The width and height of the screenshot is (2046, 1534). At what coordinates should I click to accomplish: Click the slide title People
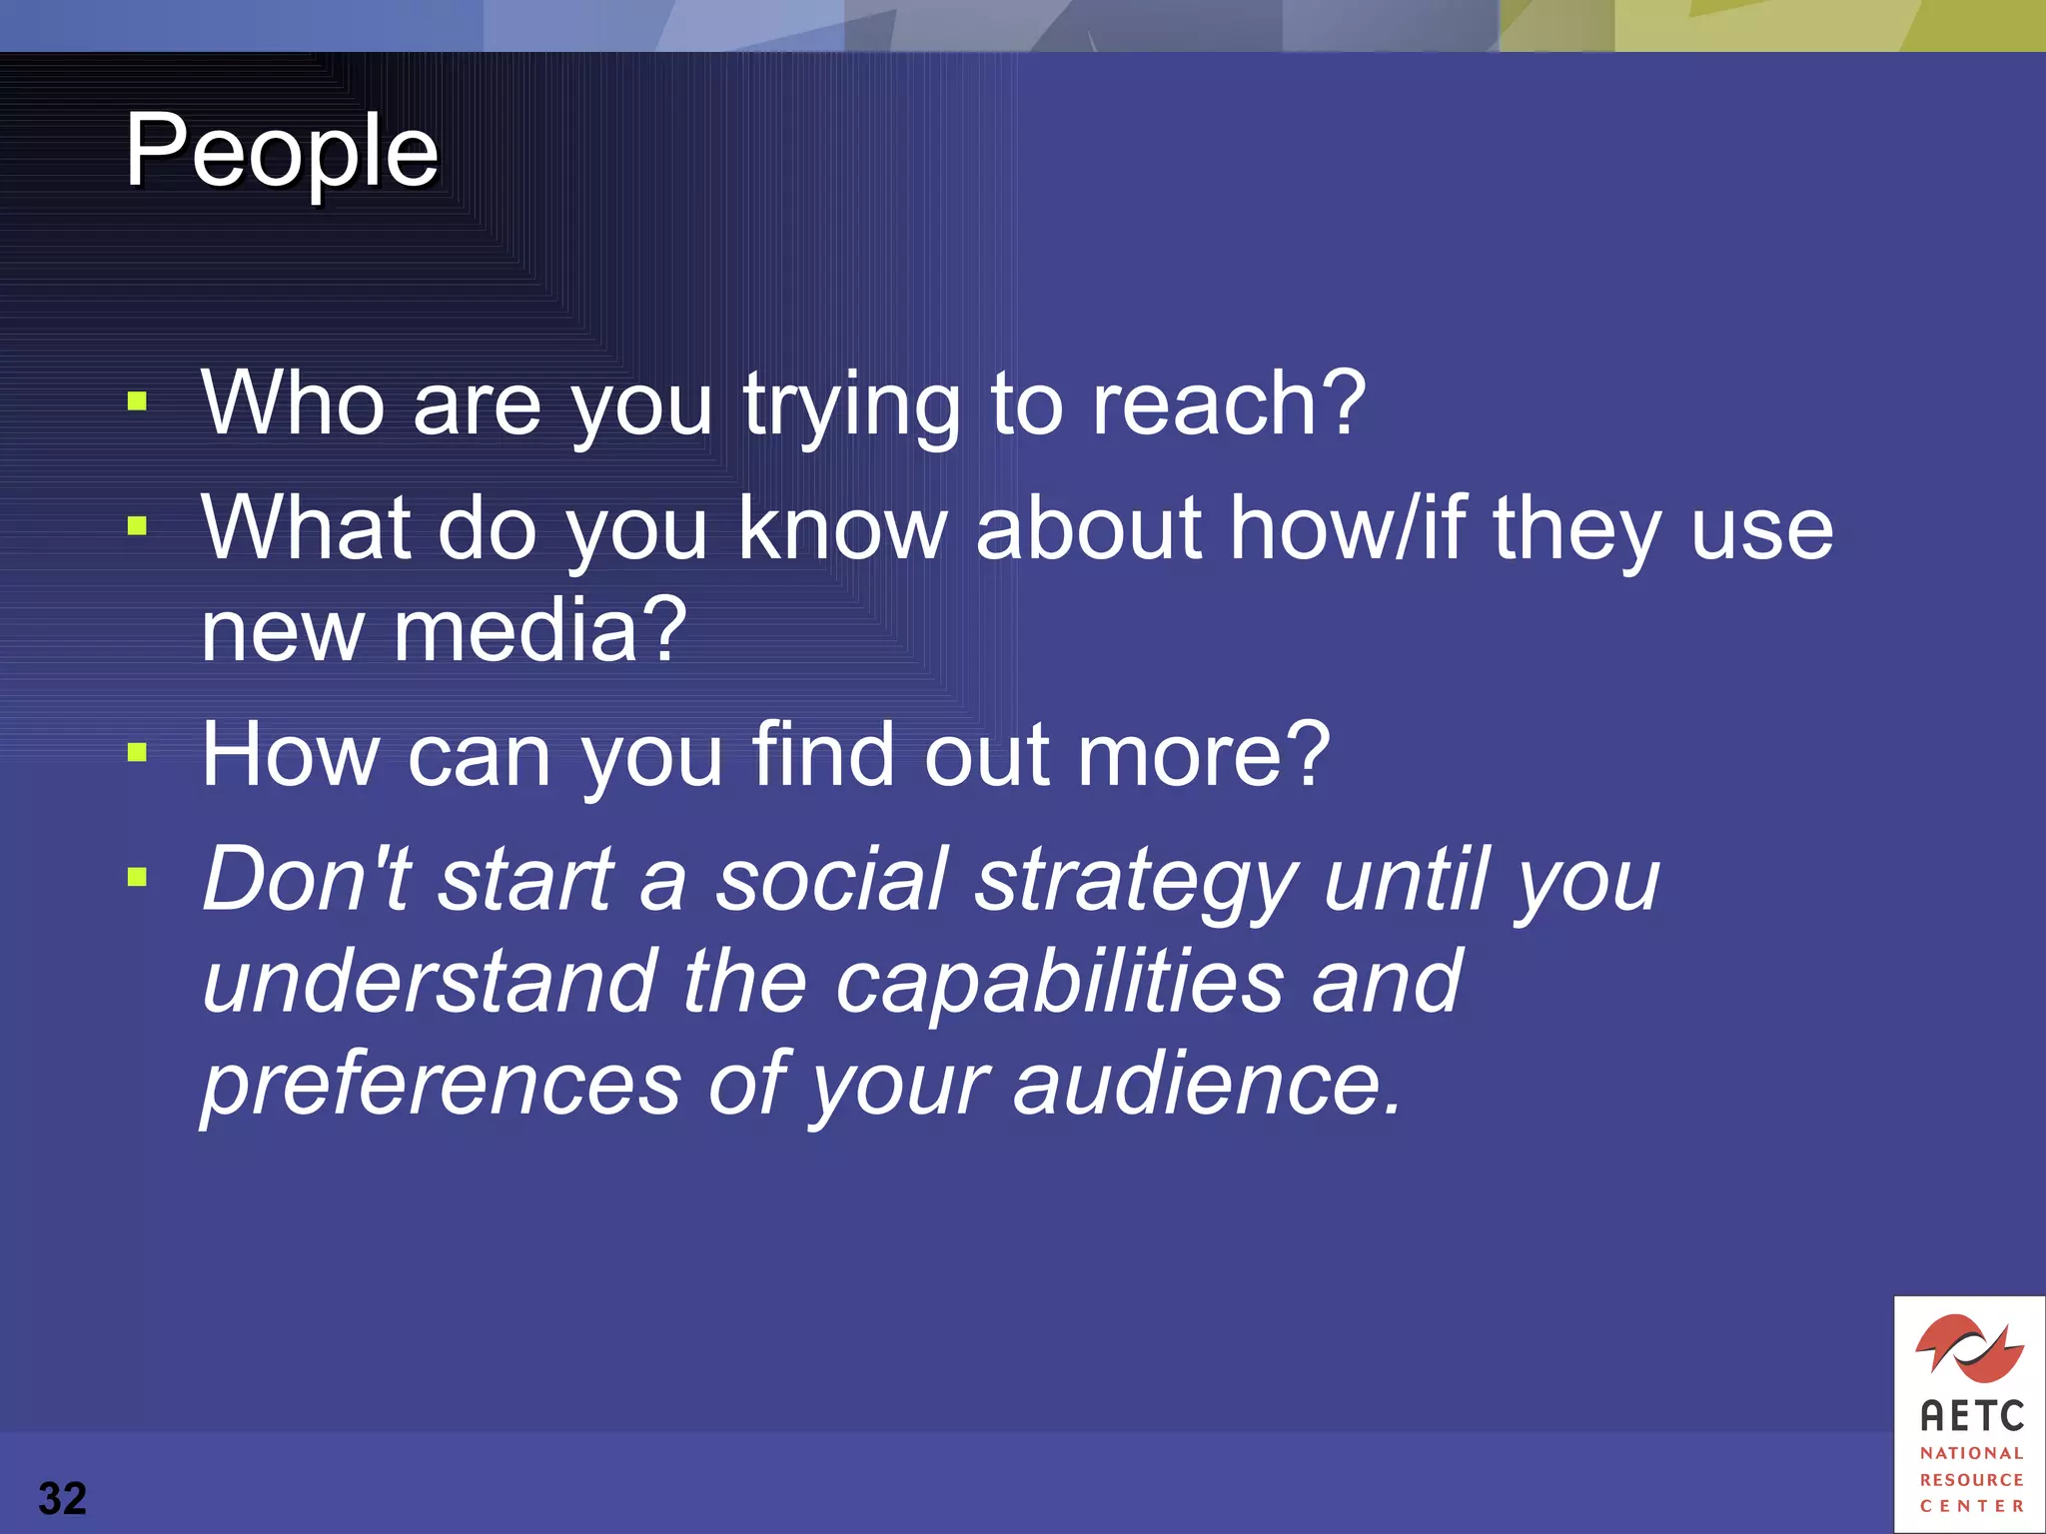pos(282,153)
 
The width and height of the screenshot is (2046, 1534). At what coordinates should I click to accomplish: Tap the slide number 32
pos(62,1498)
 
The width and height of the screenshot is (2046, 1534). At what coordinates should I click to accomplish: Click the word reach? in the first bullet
pos(1228,403)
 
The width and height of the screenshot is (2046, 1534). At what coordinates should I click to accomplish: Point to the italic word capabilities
pos(1058,983)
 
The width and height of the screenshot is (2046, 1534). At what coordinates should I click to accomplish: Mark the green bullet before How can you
pos(138,753)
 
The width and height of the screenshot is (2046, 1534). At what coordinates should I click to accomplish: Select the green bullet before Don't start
pos(138,878)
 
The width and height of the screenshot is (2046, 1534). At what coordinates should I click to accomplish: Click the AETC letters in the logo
pos(1971,1416)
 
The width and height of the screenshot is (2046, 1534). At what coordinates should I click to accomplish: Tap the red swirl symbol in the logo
pos(1969,1347)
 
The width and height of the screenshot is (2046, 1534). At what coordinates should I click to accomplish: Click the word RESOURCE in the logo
pos(1971,1479)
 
